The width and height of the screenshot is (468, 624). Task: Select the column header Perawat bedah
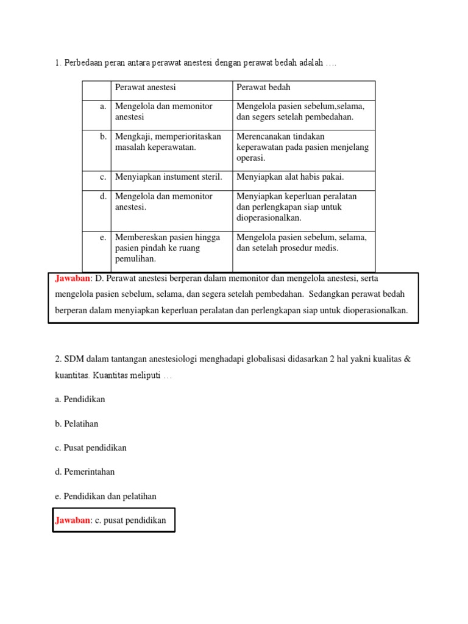(x=263, y=88)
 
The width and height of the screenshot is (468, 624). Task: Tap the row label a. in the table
(x=103, y=106)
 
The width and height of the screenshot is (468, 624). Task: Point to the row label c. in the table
(x=103, y=177)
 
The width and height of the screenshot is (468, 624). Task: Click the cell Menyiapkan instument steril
(x=169, y=177)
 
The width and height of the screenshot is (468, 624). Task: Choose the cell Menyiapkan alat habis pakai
(x=290, y=177)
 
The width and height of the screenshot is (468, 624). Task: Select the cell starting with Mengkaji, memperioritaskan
(x=168, y=141)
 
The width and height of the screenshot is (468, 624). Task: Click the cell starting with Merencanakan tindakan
(x=302, y=147)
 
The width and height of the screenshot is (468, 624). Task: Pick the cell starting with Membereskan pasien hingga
(x=168, y=248)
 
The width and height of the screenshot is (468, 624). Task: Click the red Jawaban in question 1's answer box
(x=73, y=278)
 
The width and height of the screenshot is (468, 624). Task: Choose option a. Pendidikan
(x=80, y=399)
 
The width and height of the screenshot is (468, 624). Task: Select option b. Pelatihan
(x=76, y=424)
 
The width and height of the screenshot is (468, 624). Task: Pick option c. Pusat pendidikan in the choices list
(x=90, y=448)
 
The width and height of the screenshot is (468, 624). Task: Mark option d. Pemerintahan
(x=84, y=472)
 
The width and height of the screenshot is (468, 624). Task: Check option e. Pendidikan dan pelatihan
(x=105, y=496)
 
